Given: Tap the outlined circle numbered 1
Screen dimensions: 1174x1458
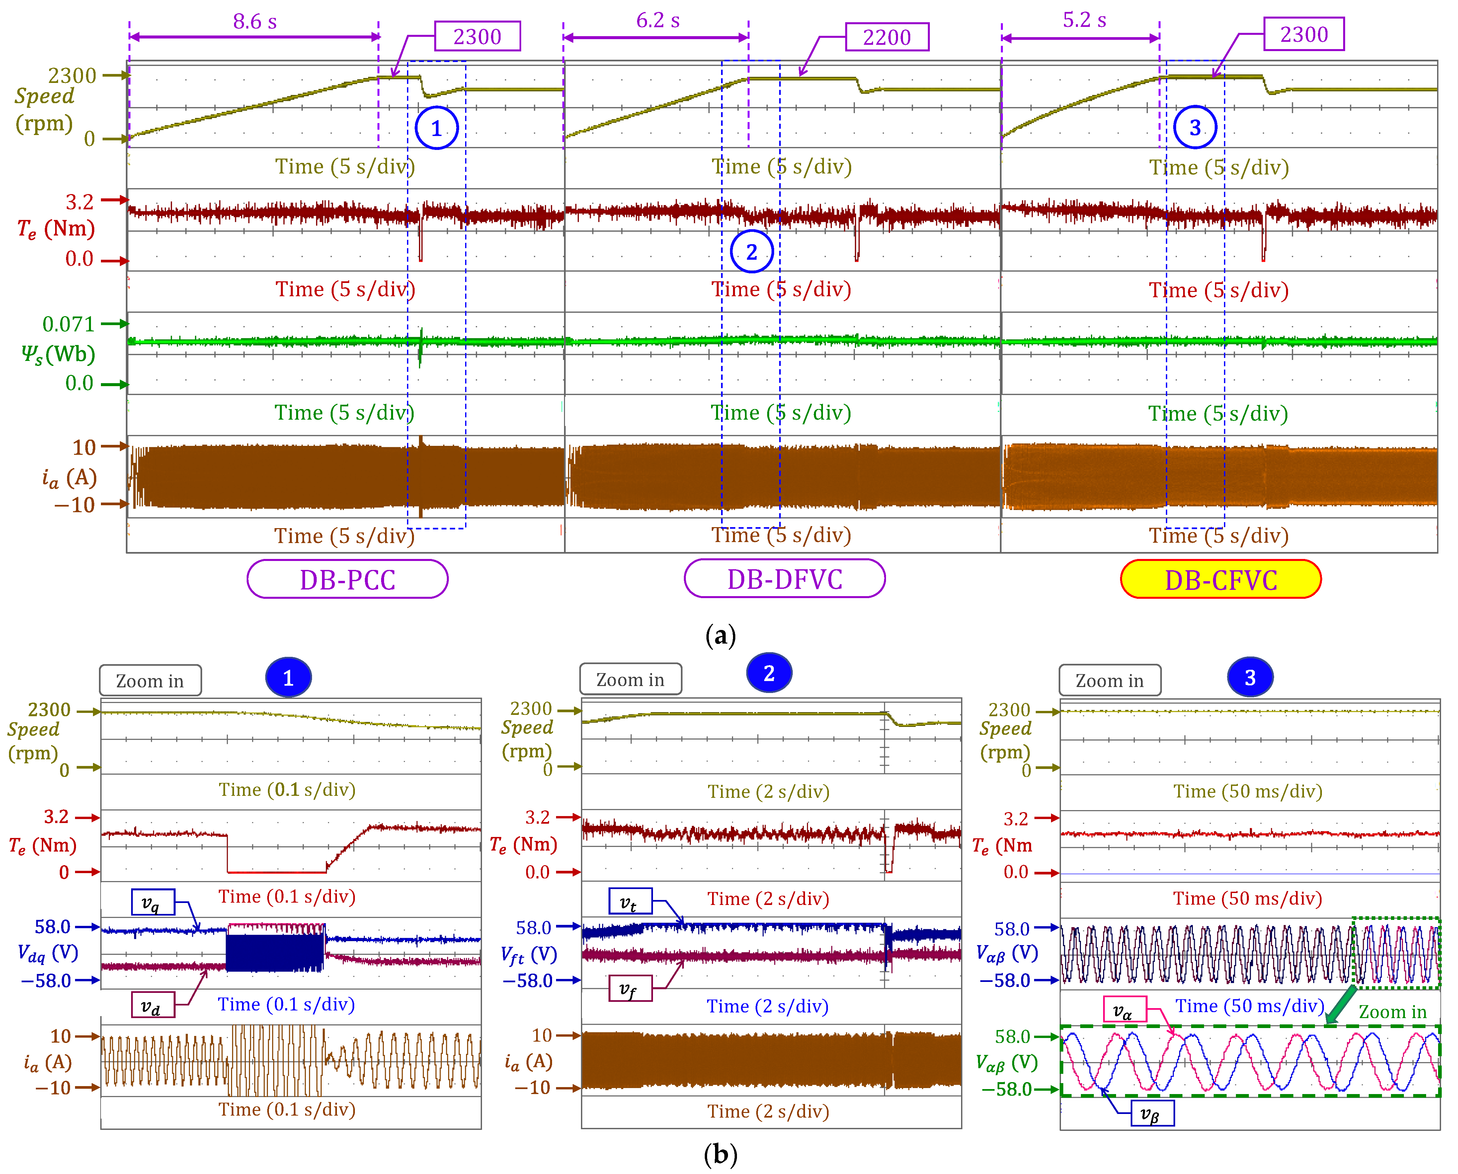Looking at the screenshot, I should [x=437, y=128].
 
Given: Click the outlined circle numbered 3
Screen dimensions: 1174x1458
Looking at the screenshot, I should [x=1195, y=127].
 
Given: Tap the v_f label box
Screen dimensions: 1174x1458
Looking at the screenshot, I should [x=630, y=989].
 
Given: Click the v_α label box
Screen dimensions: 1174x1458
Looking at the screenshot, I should [x=1124, y=1009].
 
